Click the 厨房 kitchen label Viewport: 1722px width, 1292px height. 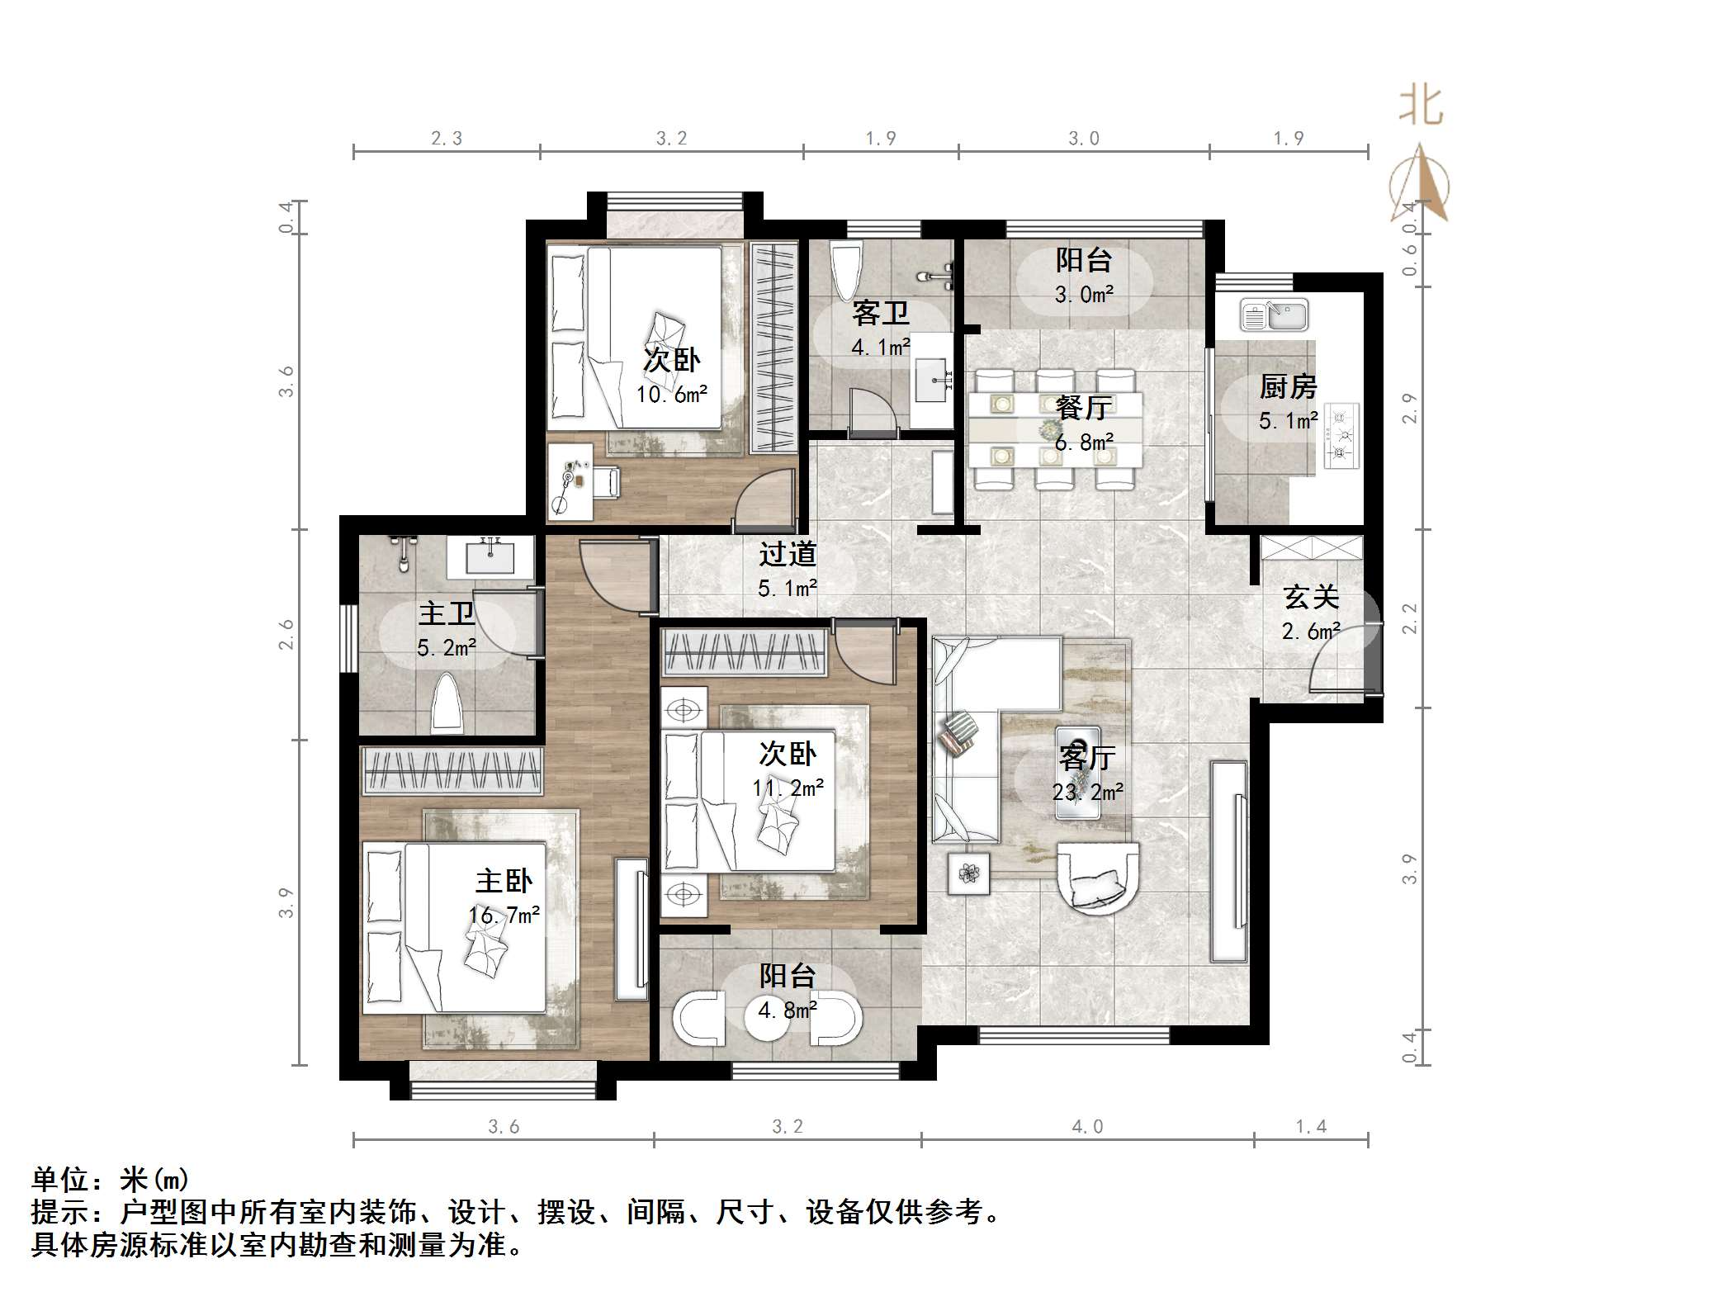pos(1287,386)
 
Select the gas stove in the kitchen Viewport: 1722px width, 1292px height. pos(1342,435)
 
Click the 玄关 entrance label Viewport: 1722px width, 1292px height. pos(1310,597)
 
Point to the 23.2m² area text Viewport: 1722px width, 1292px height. pos(1087,793)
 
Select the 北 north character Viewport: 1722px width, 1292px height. pos(1421,106)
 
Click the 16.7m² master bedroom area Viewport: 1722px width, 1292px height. pos(504,915)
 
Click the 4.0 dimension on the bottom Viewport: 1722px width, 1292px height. pos(1087,1127)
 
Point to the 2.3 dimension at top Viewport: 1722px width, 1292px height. pos(447,139)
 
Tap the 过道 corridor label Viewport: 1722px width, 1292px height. pos(788,554)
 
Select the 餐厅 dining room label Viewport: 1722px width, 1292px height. pos(1084,408)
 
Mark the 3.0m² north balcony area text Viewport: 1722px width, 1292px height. pos(1084,295)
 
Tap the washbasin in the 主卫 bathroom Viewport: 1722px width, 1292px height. pos(491,557)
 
